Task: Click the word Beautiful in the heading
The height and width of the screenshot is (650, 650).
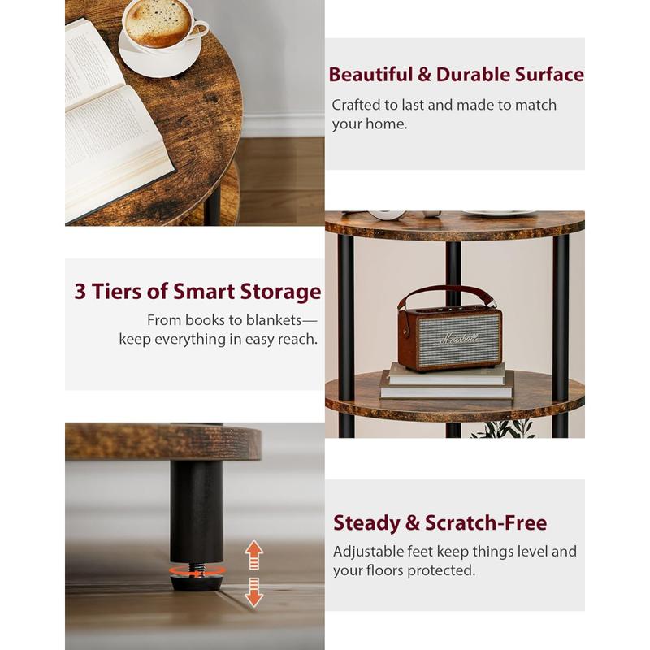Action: tap(370, 75)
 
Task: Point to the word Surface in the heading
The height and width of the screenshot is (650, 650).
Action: tap(549, 75)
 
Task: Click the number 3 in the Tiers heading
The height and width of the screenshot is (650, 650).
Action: tap(80, 292)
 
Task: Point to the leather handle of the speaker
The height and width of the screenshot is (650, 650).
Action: tap(449, 294)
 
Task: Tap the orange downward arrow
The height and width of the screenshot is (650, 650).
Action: tap(254, 591)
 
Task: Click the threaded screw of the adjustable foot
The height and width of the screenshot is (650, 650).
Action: tap(197, 563)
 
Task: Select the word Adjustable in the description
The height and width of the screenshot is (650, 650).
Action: tap(368, 552)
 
